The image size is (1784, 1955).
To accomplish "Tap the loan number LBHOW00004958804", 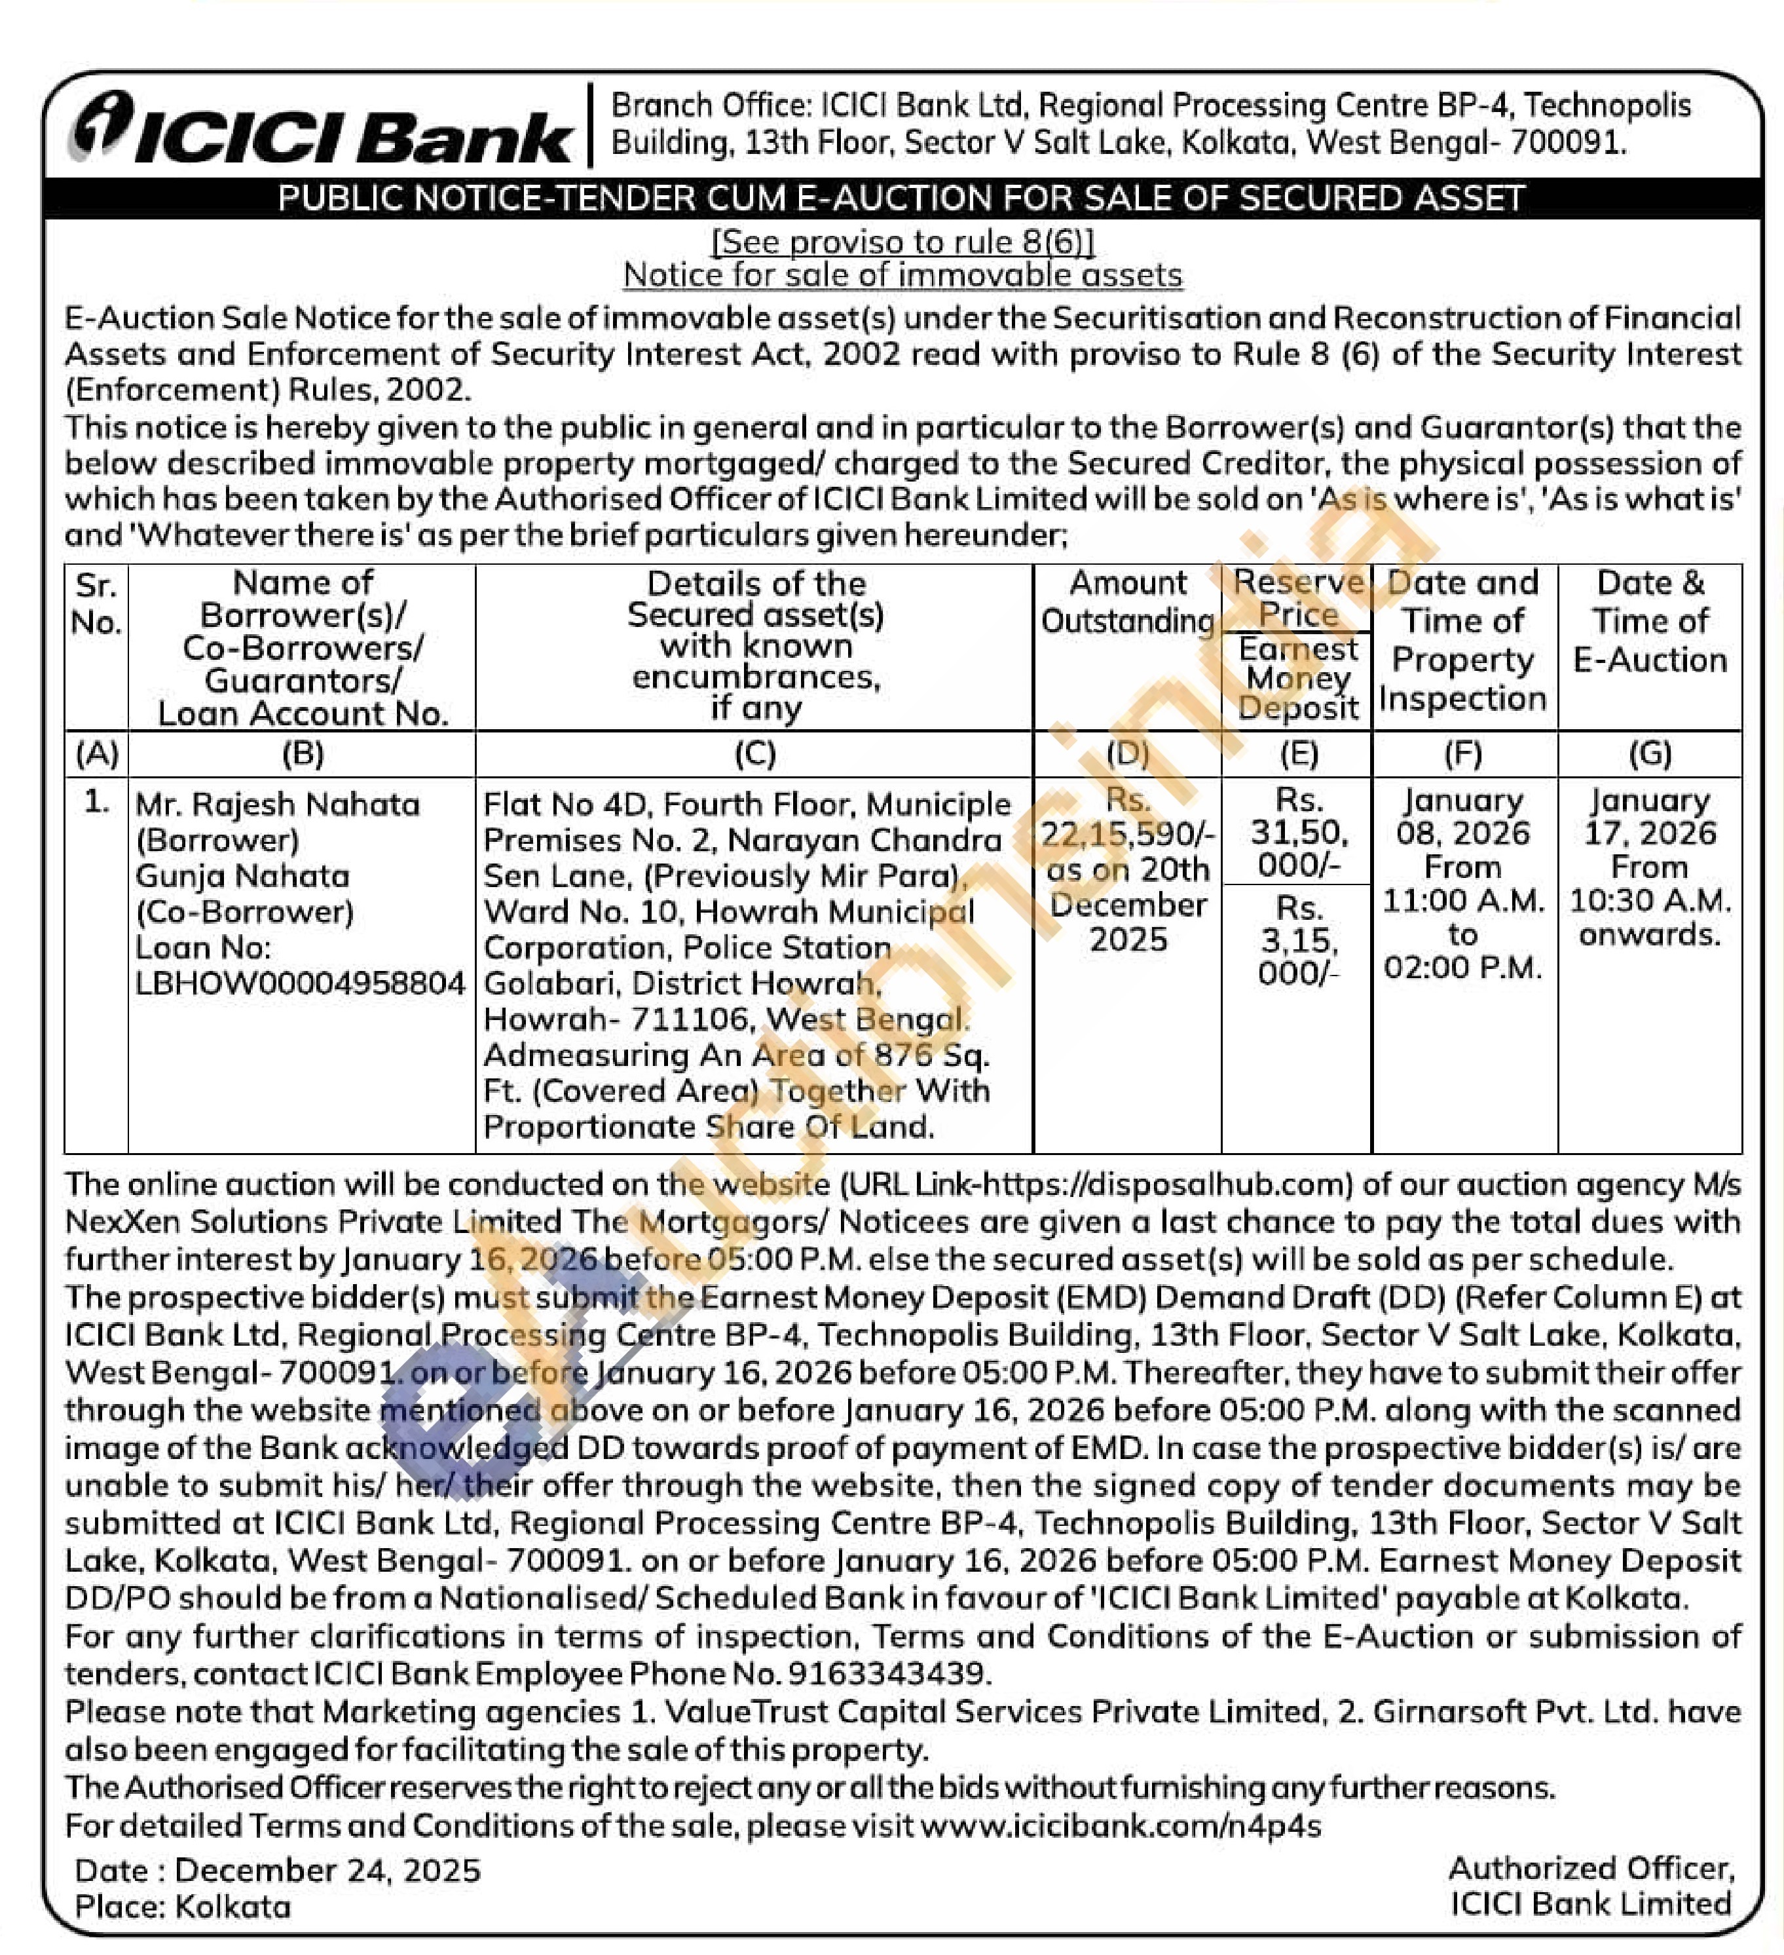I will pos(301,983).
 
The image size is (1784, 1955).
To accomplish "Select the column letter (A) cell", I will pos(96,753).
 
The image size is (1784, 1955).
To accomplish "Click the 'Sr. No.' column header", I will pos(96,603).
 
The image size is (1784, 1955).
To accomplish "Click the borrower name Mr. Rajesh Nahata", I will pos(277,804).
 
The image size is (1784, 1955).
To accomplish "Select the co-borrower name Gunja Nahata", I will pos(242,876).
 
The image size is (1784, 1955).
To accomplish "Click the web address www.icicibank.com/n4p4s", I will pos(1121,1826).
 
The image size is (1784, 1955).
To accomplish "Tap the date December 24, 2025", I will pos(327,1870).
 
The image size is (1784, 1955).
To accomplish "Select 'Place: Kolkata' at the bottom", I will pos(182,1907).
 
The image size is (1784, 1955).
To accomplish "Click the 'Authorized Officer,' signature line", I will pos(1591,1868).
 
